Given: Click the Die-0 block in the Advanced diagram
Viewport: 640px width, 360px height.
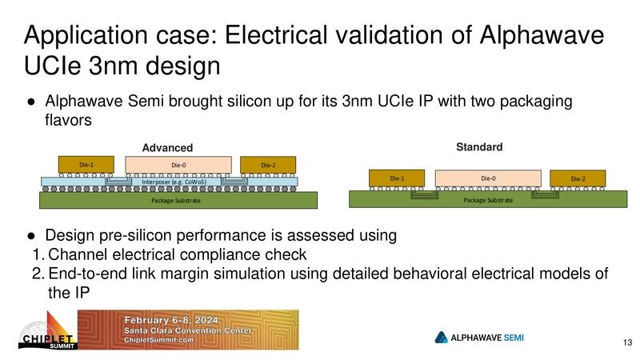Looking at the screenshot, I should [x=178, y=165].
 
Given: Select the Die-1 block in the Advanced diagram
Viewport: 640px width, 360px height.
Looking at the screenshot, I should [x=86, y=165].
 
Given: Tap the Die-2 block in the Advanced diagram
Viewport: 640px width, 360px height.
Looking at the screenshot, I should [x=267, y=165].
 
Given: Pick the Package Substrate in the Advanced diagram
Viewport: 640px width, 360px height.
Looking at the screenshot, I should [x=173, y=200].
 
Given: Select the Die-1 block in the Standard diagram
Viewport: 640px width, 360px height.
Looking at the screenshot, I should [x=395, y=178].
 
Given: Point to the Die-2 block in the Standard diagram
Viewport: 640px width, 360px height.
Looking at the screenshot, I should [x=576, y=178].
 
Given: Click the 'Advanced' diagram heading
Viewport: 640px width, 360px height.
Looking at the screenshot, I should [x=167, y=148].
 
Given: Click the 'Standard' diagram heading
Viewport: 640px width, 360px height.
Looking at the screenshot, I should [x=479, y=147].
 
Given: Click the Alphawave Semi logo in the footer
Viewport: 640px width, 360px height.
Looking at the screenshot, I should [x=479, y=337].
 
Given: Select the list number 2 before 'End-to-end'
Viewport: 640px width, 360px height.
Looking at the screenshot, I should [x=37, y=274].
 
